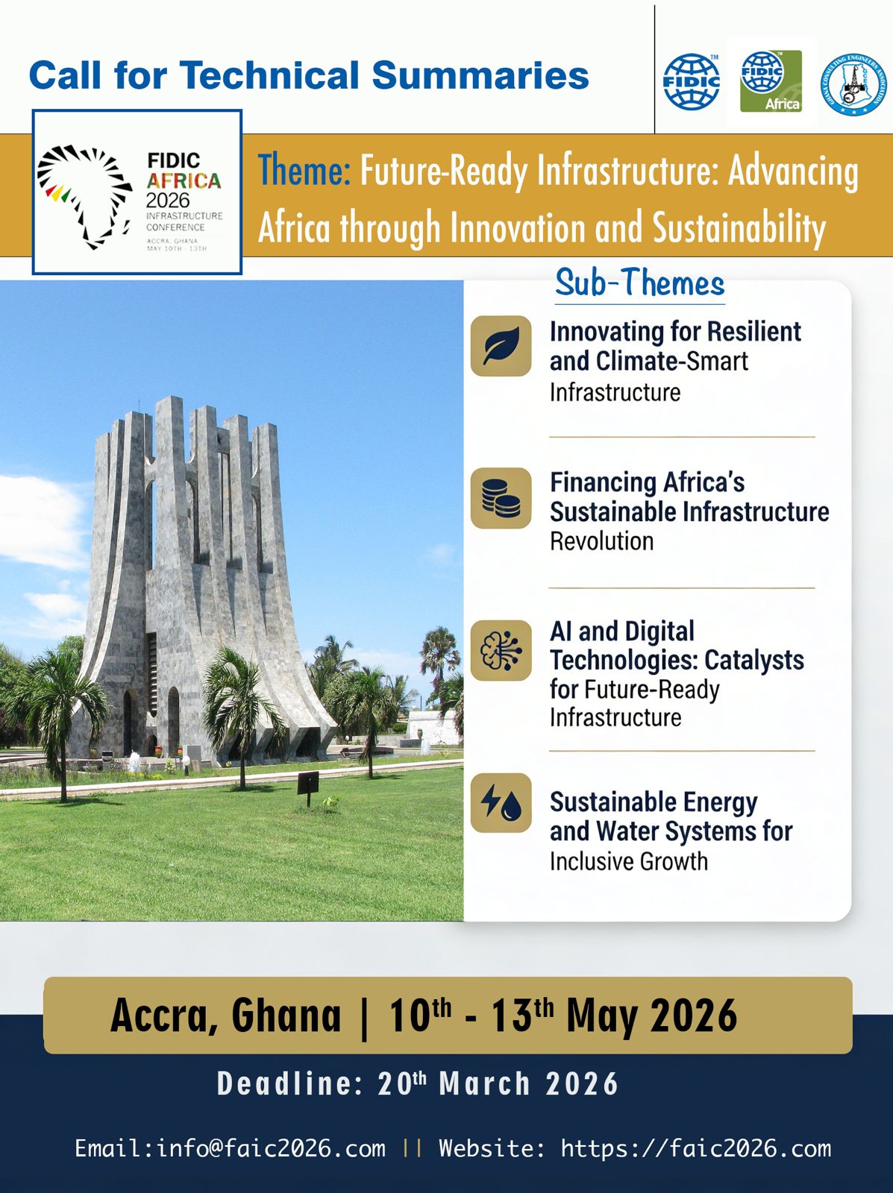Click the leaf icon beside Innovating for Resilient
point(501,346)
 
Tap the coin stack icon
point(501,498)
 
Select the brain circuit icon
point(501,650)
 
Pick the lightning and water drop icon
point(501,802)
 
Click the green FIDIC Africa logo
point(771,81)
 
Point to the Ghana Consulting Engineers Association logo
point(853,84)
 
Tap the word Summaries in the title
point(480,75)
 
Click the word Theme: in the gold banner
point(304,170)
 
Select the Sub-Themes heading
point(639,283)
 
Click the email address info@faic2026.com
point(271,1148)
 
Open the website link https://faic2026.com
point(695,1148)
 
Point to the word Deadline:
point(289,1083)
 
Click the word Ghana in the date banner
point(286,1016)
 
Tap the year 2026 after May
point(693,1016)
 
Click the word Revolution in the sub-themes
point(601,541)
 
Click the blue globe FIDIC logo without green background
point(692,81)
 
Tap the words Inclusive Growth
point(629,861)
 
